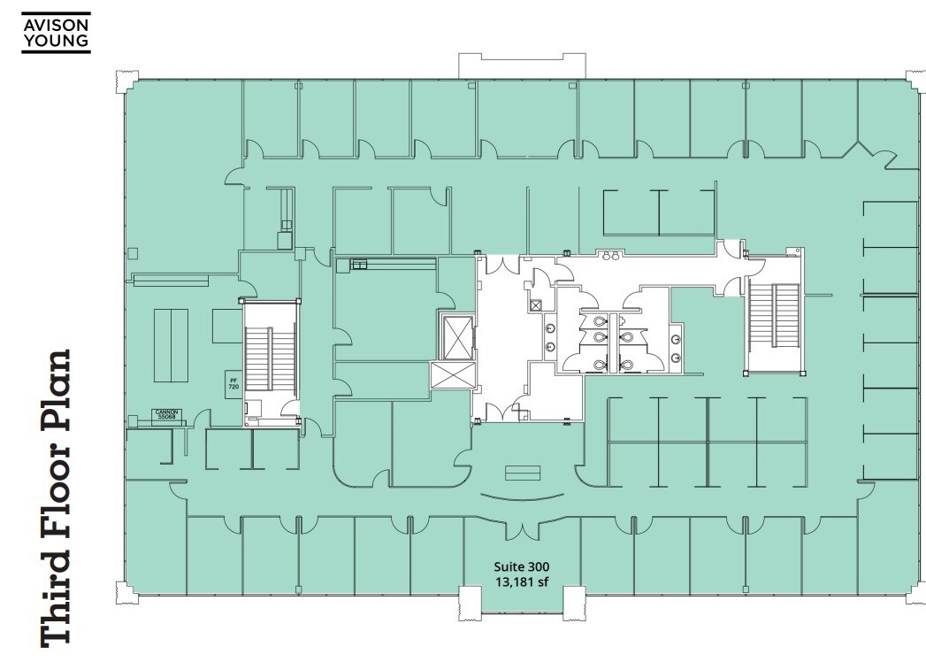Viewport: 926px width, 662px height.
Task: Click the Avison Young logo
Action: tap(56, 32)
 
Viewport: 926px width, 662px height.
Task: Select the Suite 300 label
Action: tap(522, 566)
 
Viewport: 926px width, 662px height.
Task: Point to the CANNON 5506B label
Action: tap(168, 413)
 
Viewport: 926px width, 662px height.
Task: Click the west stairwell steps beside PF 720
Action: tap(259, 359)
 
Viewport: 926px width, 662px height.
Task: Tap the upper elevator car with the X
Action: tap(456, 335)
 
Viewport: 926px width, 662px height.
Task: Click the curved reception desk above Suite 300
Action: tap(522, 497)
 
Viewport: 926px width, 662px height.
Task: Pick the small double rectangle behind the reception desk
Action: tap(522, 472)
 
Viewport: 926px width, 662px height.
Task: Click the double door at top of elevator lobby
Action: tap(497, 265)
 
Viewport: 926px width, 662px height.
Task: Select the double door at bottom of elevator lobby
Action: tap(497, 410)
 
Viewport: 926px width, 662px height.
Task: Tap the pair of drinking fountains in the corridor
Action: tap(610, 257)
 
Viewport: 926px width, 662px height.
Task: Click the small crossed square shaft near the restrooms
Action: tap(536, 304)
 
